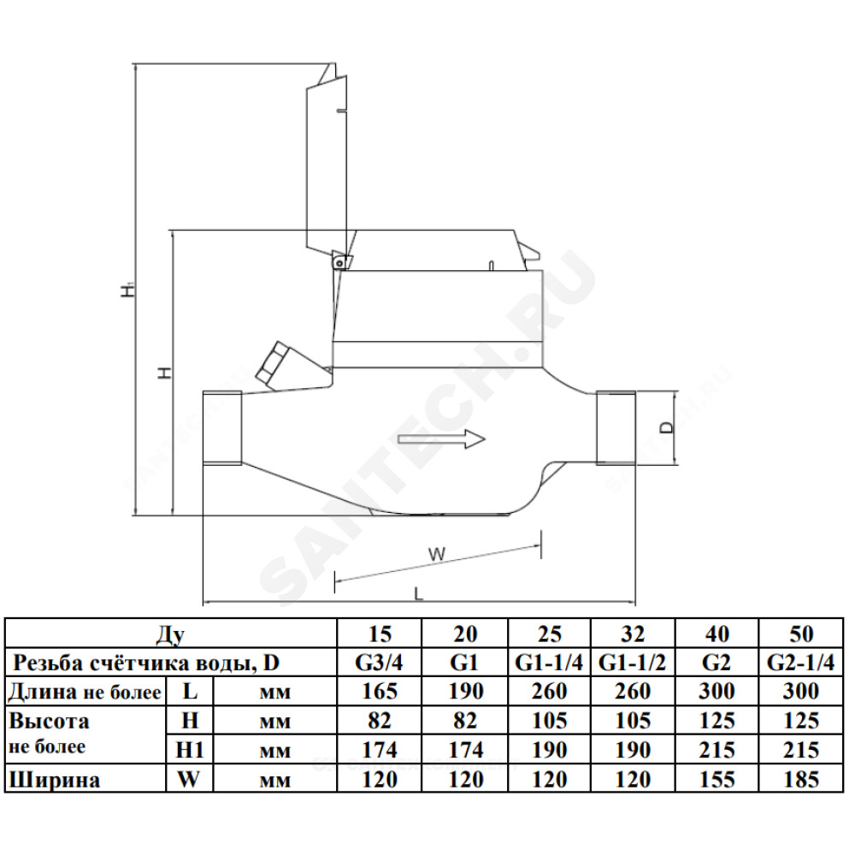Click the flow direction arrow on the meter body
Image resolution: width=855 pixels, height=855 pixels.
(x=442, y=439)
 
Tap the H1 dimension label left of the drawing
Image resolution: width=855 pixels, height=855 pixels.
(x=127, y=289)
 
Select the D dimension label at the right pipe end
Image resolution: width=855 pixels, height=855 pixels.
(x=666, y=427)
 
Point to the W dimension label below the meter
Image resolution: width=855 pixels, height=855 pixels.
(x=437, y=554)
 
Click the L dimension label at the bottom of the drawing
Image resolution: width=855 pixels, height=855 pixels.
(x=418, y=593)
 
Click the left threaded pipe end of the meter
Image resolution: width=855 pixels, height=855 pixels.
(x=222, y=428)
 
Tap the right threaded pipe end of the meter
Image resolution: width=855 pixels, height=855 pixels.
(x=616, y=428)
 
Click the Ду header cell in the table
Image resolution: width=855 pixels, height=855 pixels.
(x=171, y=634)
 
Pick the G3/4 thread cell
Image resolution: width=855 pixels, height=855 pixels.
(x=379, y=663)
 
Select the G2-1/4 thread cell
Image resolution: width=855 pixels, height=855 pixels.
(x=800, y=663)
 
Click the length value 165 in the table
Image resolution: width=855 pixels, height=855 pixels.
(x=380, y=692)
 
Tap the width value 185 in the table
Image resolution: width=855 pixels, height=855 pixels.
(x=801, y=779)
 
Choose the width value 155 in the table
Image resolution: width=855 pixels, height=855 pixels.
(x=716, y=779)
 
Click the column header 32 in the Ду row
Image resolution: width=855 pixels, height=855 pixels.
(x=633, y=634)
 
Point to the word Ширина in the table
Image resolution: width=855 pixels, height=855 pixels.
(x=55, y=780)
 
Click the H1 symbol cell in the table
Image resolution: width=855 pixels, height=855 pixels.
(x=189, y=751)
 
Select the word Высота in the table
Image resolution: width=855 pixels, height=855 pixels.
(x=49, y=721)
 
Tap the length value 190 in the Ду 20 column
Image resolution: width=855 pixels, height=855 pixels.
(x=466, y=692)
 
